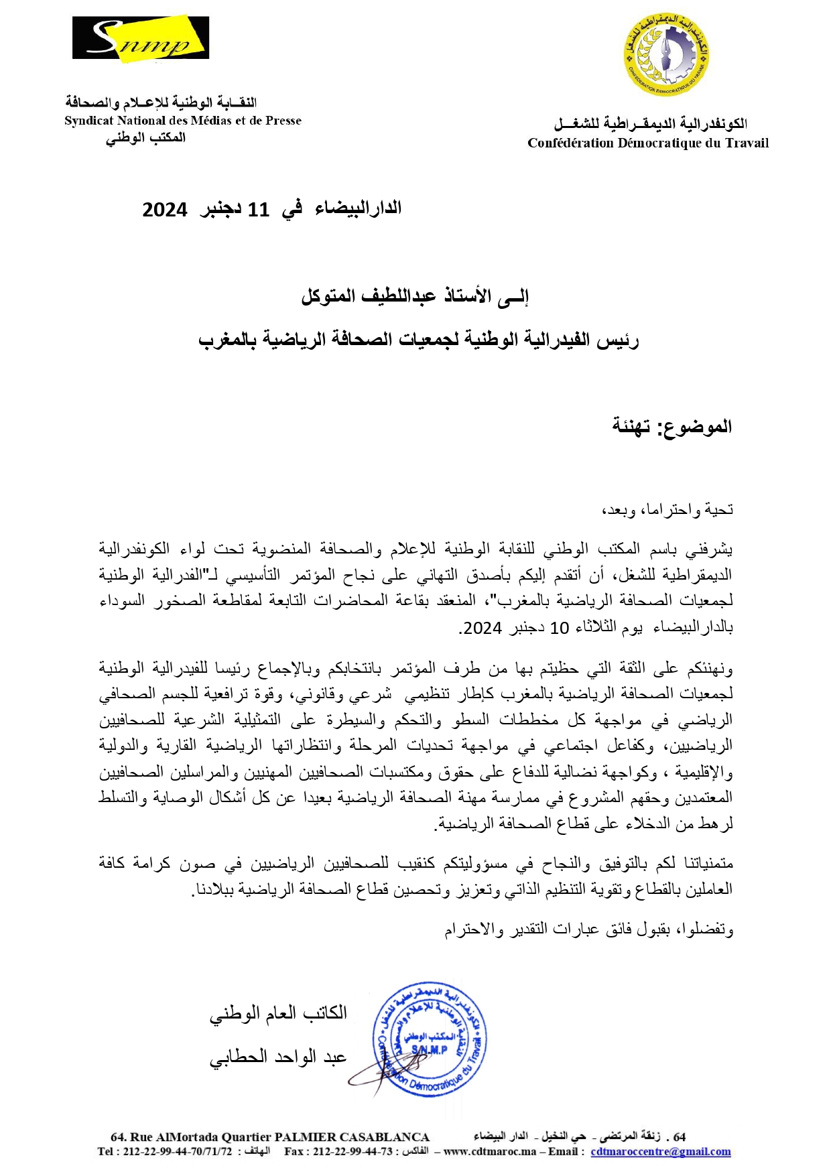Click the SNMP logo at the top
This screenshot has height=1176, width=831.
pos(141,40)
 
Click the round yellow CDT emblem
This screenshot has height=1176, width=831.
pos(665,54)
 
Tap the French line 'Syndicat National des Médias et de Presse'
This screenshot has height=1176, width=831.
pos(183,121)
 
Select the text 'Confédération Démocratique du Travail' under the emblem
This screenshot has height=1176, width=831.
pos(648,143)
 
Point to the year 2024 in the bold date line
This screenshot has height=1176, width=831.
pos(165,210)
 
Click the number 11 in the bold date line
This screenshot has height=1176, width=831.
pos(258,210)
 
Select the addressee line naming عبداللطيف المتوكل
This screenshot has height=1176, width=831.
pos(415,296)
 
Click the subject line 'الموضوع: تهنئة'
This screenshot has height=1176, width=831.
pos(672,427)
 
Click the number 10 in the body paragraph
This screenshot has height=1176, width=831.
pos(560,628)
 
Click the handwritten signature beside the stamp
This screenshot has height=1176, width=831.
pos(382,1072)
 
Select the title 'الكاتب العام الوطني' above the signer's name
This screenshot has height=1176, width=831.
pos(279,1012)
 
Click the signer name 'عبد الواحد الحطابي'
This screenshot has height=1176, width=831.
pos(279,1057)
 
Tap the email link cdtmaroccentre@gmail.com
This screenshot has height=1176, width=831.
pos(660,1151)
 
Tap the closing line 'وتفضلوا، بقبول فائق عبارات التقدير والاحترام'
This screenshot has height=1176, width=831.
pos(589,929)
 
